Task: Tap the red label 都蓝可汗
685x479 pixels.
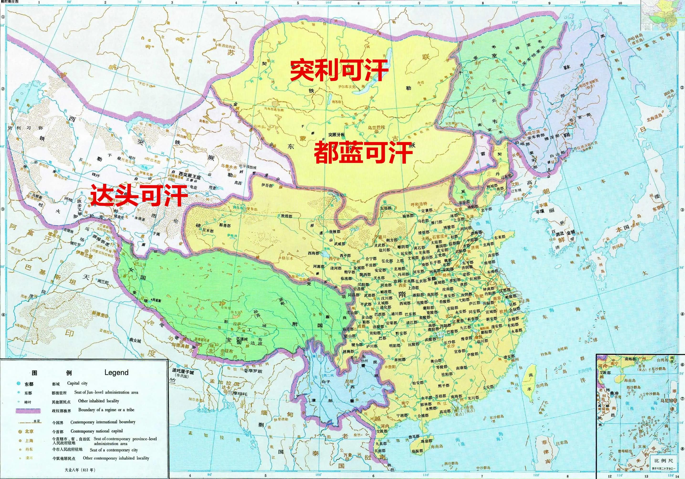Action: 363,152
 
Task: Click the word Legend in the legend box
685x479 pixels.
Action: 116,373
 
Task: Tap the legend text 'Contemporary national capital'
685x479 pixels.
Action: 97,431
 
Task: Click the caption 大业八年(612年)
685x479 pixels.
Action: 80,470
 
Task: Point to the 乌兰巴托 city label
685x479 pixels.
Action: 376,127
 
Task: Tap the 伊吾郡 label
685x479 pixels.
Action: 267,185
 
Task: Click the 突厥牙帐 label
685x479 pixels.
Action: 336,134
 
